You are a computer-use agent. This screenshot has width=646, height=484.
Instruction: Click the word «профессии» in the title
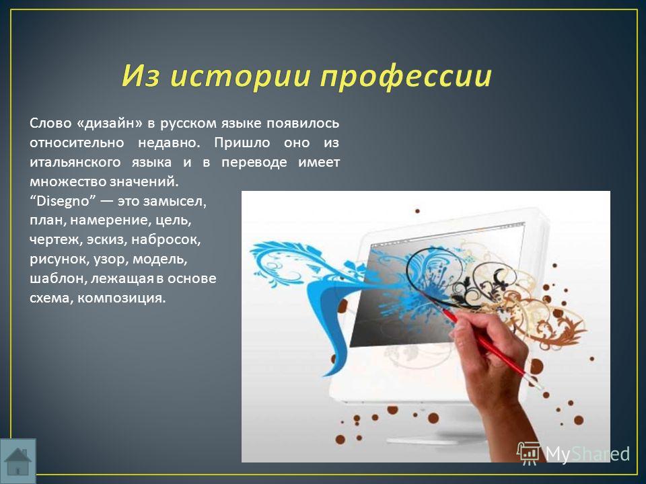pos(406,77)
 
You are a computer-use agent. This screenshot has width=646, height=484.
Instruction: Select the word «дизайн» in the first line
pos(110,124)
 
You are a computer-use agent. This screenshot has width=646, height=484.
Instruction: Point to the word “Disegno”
pos(63,201)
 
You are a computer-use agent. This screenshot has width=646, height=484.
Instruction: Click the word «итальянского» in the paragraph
pos(75,162)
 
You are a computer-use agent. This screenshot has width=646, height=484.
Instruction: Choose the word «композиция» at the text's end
pos(122,298)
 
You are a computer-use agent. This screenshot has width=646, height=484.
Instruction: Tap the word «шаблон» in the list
pos(58,278)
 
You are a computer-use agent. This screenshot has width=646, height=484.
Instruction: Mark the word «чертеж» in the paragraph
pos(56,239)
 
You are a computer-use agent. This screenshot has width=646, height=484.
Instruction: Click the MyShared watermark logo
pos(573,454)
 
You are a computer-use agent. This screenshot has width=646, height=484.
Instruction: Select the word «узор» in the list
pos(111,259)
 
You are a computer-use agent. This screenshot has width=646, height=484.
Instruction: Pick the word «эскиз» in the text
pos(107,239)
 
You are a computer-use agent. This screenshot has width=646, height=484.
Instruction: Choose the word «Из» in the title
pos(141,75)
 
